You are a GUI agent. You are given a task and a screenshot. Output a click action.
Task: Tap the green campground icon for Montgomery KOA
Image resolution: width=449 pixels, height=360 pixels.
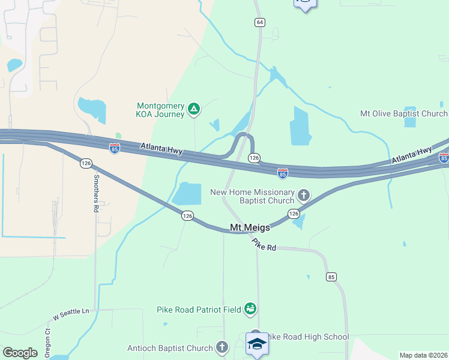click(x=193, y=109)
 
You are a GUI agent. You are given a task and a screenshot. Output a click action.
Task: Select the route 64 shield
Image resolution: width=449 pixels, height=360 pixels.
click(x=259, y=22)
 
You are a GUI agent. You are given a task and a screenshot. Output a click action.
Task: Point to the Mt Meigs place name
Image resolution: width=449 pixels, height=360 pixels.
click(x=250, y=227)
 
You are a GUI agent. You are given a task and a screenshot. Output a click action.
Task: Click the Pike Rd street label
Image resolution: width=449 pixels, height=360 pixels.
click(x=264, y=245)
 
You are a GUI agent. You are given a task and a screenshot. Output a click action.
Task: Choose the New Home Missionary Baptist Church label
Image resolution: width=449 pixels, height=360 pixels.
click(x=253, y=196)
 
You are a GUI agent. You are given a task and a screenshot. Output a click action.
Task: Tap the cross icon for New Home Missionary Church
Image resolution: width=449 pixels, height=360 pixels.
click(x=304, y=195)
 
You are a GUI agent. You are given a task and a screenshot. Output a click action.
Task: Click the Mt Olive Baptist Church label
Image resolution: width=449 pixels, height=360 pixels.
click(x=403, y=113)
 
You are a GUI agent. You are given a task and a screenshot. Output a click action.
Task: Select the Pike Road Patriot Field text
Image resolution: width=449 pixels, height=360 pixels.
click(x=198, y=310)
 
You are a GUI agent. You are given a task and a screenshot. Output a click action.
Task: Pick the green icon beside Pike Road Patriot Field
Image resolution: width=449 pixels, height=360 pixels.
click(x=250, y=309)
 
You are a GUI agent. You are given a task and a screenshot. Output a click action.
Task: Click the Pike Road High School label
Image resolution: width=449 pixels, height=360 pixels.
click(x=307, y=337)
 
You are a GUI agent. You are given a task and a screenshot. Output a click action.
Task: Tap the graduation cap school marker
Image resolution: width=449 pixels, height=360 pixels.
click(x=257, y=344)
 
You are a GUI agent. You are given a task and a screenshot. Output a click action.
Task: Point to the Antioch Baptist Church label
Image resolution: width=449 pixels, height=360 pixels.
click(x=170, y=348)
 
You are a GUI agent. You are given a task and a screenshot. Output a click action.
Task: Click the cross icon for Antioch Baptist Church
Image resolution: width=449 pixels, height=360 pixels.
click(x=222, y=347)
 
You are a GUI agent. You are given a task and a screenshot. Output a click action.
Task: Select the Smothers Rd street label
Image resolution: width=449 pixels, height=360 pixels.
click(x=95, y=193)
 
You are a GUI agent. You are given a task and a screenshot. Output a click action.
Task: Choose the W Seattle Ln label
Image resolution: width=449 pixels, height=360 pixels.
click(x=70, y=313)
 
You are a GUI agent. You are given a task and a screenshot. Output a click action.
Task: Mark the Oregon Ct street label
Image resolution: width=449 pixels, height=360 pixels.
click(x=49, y=340)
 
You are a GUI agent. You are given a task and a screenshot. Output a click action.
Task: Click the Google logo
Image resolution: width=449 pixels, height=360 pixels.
click(x=20, y=353)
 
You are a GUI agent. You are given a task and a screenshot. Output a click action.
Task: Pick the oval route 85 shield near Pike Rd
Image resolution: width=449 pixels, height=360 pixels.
click(x=331, y=277)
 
